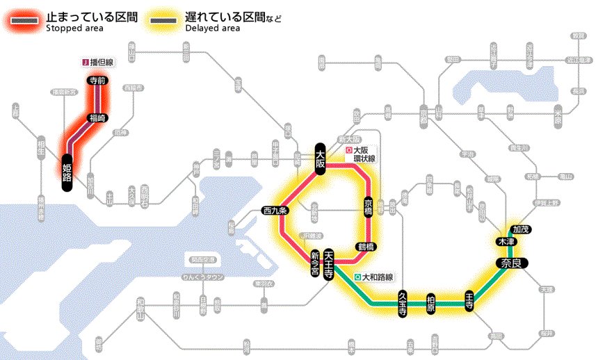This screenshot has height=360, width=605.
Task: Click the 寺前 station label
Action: coord(97,81)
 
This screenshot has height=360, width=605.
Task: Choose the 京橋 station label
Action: coord(369,206)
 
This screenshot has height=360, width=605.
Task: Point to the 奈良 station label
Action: coord(512,263)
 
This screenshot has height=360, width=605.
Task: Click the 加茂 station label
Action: coord(520,229)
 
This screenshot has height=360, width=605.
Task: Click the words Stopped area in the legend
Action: coord(74,28)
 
